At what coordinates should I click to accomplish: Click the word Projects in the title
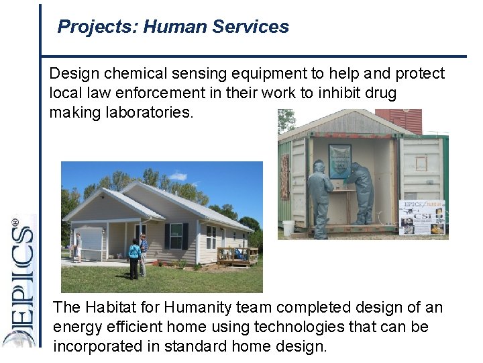85,27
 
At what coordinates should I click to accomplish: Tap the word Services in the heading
250,27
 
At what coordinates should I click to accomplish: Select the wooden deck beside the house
237,255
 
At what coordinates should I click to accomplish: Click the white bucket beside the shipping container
288,228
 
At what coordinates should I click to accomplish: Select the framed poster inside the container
339,161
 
